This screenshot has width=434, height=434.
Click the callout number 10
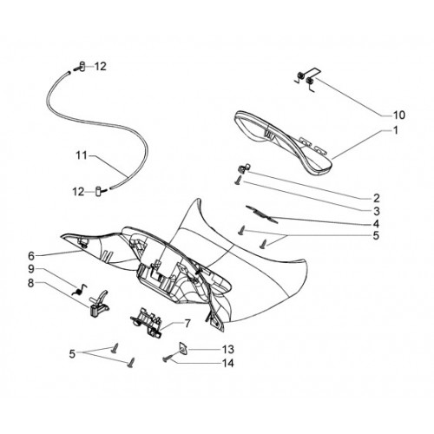(398, 115)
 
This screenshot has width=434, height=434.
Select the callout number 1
(396, 130)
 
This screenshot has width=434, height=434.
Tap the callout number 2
(376, 199)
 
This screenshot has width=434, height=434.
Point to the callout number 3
(376, 211)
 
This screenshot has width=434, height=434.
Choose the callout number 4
(376, 224)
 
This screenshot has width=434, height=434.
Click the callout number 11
(82, 155)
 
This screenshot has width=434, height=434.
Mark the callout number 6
(31, 256)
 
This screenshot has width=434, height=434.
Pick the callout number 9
(31, 269)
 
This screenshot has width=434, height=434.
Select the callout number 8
(31, 283)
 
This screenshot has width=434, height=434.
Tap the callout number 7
(187, 324)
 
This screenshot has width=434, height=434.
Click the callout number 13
(228, 349)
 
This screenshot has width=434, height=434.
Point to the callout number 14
(228, 363)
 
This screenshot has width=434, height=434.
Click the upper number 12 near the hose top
(101, 67)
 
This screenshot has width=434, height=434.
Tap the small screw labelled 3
(238, 181)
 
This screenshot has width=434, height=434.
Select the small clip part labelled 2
(245, 168)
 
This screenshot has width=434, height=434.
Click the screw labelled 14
(168, 358)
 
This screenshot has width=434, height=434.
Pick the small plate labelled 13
(183, 347)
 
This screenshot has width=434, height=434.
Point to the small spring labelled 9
(79, 290)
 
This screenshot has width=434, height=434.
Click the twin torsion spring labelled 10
(307, 79)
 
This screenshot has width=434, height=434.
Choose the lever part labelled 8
(99, 305)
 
